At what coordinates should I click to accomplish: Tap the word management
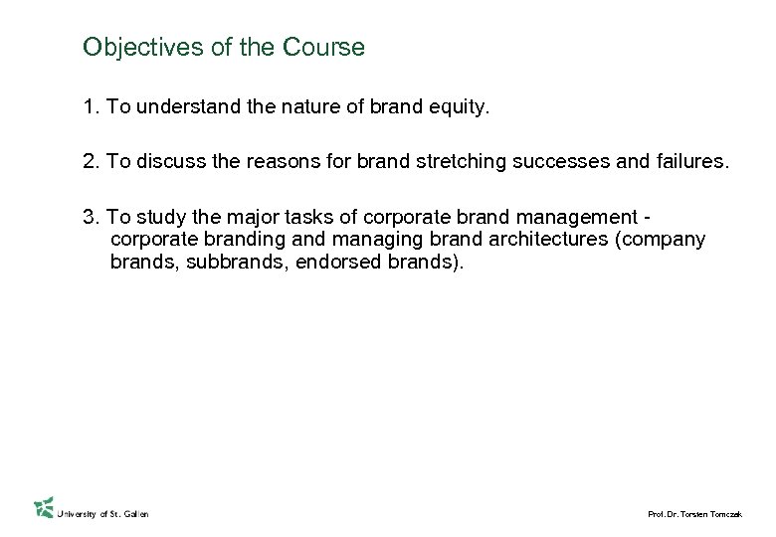click(579, 218)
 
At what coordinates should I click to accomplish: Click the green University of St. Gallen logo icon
click(43, 507)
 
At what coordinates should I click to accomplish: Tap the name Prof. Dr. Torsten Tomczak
click(694, 513)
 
